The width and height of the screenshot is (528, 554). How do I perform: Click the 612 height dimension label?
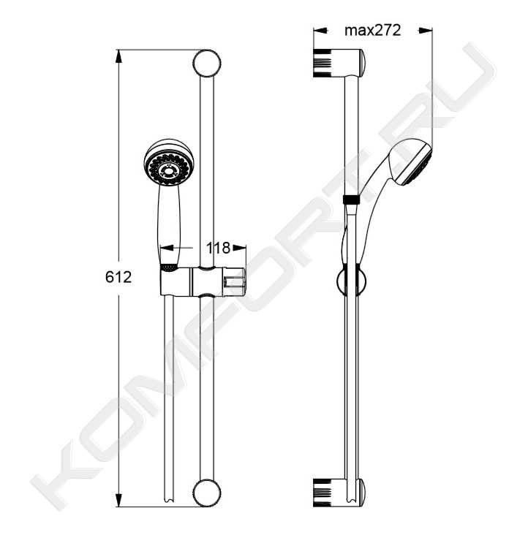click(118, 277)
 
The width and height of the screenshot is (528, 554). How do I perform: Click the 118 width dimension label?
click(218, 248)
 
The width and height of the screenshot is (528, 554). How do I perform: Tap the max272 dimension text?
click(373, 31)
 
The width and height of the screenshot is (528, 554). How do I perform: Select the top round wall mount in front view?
click(207, 63)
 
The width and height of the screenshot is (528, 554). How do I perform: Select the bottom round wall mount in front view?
click(207, 493)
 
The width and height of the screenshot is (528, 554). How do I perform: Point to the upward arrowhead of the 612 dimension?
click(119, 57)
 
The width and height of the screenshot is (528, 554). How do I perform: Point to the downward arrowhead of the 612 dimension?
click(119, 499)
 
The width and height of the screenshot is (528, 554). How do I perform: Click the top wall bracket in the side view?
click(339, 63)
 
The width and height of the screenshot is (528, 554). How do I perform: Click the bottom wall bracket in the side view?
click(339, 493)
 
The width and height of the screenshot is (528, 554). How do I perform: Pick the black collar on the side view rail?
click(351, 200)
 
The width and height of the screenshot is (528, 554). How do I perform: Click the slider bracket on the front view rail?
click(203, 281)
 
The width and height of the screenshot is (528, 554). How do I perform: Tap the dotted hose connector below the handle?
click(169, 267)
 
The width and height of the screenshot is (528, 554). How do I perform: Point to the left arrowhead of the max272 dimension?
click(320, 31)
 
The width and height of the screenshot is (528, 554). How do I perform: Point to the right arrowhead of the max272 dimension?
click(426, 31)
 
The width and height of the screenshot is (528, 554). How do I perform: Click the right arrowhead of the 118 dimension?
click(239, 248)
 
